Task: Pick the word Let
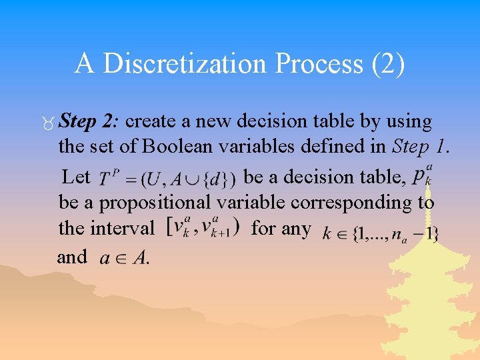click(76, 177)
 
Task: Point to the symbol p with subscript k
click(421, 176)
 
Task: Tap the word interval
click(106, 228)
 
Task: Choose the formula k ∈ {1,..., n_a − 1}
click(379, 233)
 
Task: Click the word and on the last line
click(72, 257)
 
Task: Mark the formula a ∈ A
click(124, 258)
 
